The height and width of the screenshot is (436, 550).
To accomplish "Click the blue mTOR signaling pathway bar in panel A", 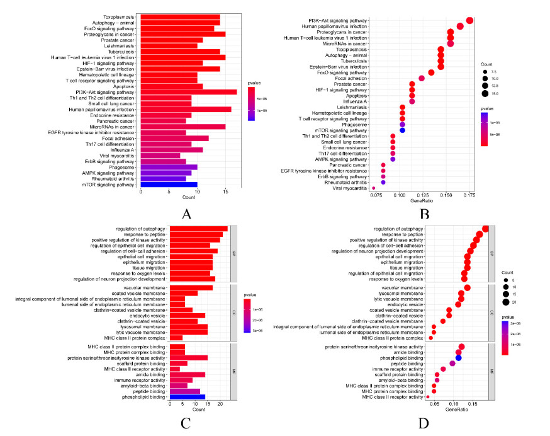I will pos(169,185).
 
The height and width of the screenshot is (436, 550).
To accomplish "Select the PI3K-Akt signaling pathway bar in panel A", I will pos(189,92).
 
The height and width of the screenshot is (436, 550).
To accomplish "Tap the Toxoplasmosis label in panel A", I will pos(119,17).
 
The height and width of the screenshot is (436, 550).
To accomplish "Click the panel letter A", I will pos(186,215).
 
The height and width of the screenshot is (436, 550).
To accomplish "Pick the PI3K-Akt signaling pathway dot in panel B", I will pos(469,21).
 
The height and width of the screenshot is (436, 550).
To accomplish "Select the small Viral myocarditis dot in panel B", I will pos(374,188).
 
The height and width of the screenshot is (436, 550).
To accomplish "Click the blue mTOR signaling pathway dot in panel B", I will pos(402,130).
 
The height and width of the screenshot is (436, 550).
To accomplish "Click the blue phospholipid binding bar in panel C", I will pos(187,397).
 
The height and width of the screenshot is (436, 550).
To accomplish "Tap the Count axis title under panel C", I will pos(199,410).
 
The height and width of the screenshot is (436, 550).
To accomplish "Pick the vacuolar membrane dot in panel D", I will pos(467,288).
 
